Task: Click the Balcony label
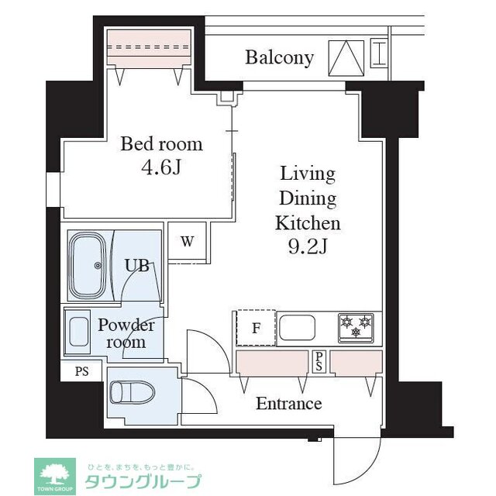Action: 279,57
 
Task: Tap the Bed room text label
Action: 160,144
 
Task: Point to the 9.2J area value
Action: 308,248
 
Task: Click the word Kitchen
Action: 308,224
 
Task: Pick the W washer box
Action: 187,241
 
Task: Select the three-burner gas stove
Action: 356,328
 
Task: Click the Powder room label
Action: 126,333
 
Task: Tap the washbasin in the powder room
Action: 77,332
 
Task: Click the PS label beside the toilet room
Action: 81,371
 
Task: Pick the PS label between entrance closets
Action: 319,361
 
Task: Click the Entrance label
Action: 288,404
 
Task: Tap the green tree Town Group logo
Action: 54,474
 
